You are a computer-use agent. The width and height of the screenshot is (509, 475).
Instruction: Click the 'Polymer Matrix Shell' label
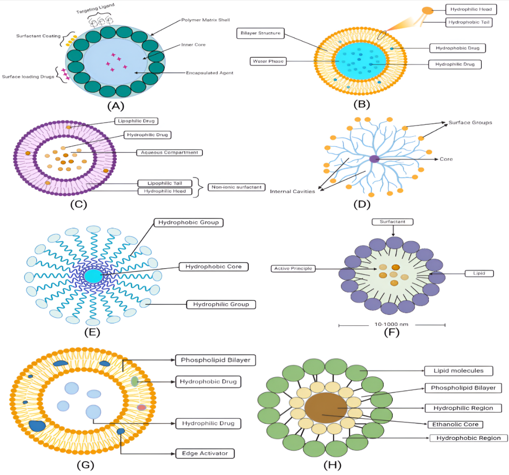(205, 20)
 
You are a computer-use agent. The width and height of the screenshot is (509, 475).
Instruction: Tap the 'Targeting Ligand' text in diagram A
(95, 8)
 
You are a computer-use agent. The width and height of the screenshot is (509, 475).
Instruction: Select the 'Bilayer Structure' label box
(260, 34)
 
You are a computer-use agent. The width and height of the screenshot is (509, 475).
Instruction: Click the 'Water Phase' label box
(268, 61)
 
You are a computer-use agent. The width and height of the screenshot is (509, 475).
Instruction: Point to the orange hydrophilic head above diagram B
(427, 11)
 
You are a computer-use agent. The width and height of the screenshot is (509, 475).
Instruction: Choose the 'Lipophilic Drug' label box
(136, 121)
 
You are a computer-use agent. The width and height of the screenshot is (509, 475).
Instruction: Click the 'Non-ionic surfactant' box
(236, 187)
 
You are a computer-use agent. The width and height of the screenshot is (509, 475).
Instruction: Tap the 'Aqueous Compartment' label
(169, 152)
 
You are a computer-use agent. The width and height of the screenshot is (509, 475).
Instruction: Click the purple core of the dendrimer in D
(374, 159)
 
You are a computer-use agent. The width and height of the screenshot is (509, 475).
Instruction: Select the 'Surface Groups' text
(470, 123)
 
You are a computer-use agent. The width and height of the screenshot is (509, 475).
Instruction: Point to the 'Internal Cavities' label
(292, 191)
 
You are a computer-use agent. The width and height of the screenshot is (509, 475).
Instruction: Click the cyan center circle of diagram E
(93, 276)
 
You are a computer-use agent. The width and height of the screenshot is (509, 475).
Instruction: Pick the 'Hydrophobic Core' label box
(213, 267)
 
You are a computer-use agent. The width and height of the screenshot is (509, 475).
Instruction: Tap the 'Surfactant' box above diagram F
(392, 222)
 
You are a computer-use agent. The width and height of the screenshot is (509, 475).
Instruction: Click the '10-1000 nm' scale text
(391, 324)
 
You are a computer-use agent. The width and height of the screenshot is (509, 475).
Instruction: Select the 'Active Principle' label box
(293, 268)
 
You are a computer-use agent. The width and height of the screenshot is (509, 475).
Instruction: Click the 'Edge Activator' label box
(205, 453)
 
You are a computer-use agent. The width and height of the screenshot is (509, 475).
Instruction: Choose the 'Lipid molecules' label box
(458, 371)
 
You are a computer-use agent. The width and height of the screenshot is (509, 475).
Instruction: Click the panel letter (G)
(86, 465)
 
